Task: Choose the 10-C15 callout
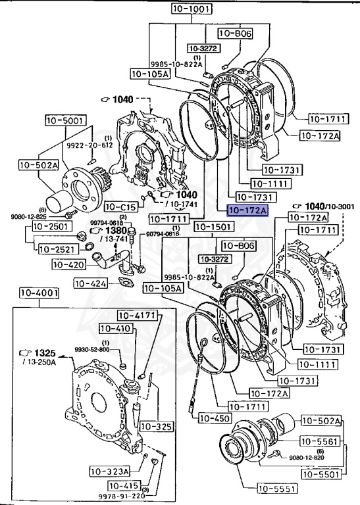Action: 120,206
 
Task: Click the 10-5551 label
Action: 277,489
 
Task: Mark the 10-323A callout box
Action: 110,471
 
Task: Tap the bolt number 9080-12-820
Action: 307,457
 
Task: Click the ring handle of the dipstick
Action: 205,341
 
